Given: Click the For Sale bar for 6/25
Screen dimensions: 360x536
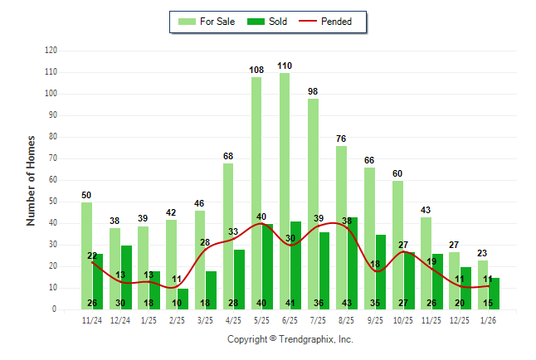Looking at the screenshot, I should [285, 191].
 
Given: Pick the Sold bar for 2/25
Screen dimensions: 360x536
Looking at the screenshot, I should [183, 299].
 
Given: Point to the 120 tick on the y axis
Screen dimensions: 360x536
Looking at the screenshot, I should [51, 51].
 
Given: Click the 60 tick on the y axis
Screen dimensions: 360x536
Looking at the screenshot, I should [54, 180].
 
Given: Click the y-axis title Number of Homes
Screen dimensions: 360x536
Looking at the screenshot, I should [32, 180].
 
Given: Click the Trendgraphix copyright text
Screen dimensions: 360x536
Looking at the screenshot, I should [290, 339].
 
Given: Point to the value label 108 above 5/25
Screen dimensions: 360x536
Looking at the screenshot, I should [256, 70].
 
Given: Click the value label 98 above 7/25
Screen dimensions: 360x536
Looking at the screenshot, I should [313, 91].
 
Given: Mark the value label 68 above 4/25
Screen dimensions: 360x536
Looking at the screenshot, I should [228, 156].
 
